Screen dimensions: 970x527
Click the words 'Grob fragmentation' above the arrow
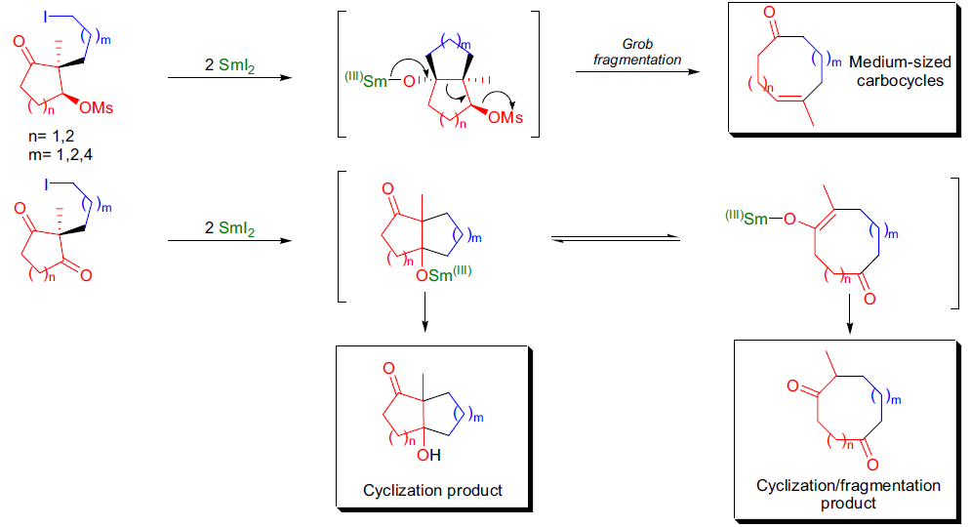tap(637, 52)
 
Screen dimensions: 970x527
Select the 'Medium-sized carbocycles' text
tap(900, 71)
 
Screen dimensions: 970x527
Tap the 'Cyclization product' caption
tap(432, 491)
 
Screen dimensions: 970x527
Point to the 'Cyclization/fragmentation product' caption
tap(848, 494)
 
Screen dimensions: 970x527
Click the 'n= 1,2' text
tap(52, 136)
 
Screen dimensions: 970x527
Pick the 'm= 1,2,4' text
tap(61, 154)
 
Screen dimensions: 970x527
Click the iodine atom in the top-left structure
tap(45, 17)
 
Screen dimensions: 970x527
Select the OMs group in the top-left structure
tap(97, 108)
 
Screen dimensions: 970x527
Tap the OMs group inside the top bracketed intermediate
tap(505, 117)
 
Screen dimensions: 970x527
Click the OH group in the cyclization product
tap(428, 456)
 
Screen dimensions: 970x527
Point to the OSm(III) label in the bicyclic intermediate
tap(444, 274)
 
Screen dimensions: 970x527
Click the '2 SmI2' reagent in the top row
tap(229, 65)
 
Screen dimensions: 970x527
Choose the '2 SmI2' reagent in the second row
tap(229, 228)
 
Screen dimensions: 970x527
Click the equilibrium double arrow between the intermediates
tap(616, 238)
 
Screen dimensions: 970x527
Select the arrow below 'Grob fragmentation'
tap(638, 72)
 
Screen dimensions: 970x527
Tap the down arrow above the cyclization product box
tap(424, 312)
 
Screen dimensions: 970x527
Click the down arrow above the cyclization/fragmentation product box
tap(849, 313)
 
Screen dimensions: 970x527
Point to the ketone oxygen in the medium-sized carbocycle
tap(770, 13)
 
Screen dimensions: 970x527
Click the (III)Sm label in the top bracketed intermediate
tap(366, 80)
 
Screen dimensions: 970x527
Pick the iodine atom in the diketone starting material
tap(45, 185)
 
